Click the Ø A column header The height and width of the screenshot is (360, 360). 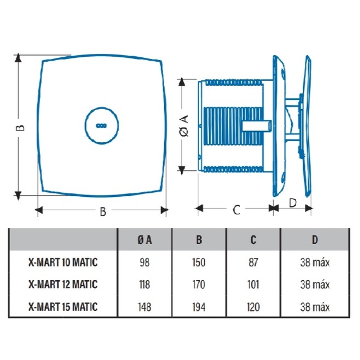coord(145,240)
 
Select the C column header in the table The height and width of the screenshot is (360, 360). coord(253,240)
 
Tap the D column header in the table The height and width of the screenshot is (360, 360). coord(315,240)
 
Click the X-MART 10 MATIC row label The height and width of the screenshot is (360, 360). coord(63,262)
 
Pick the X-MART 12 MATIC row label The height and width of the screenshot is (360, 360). coord(63,284)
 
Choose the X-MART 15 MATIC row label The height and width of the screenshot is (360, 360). coord(63,307)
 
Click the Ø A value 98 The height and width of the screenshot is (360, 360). coord(145,263)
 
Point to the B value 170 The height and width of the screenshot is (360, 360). coord(199,285)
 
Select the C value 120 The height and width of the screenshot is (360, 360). coord(253,307)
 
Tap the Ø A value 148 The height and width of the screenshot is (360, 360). coord(145,307)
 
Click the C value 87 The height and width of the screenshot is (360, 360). coord(253,263)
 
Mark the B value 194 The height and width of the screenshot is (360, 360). coord(199,307)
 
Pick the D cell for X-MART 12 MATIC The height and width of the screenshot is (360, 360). coord(315,285)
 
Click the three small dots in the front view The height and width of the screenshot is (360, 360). coord(101,125)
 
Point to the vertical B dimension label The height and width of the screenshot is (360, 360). coord(20,128)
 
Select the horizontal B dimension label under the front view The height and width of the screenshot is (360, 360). coord(103,211)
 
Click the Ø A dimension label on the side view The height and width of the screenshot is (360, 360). coord(184,126)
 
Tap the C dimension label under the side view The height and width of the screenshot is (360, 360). coord(236,210)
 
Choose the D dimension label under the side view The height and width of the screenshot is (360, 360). coord(292,203)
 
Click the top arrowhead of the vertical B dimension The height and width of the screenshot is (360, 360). coord(18,58)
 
